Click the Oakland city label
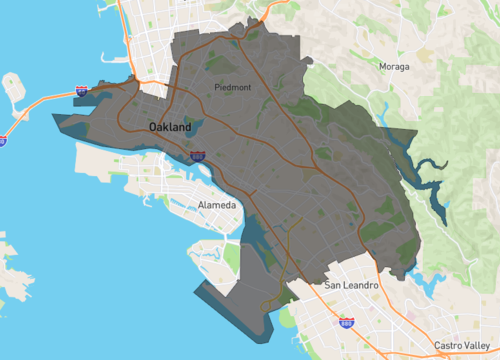[x=170, y=127]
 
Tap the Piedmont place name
[x=233, y=88]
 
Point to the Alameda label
[x=218, y=205]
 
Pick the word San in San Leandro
[x=333, y=286]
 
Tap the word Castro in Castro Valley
[x=447, y=345]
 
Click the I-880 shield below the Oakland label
[x=198, y=156]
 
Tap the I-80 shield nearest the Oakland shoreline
[x=81, y=91]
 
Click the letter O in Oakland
[x=154, y=127]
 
